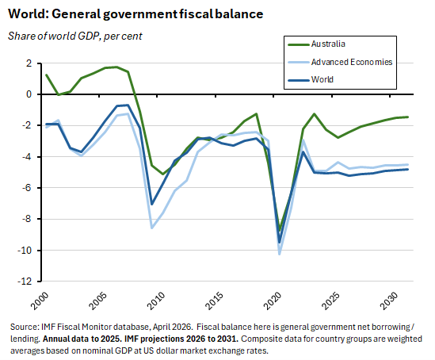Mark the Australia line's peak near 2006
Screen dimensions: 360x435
(x=116, y=67)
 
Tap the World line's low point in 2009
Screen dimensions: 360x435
(x=151, y=205)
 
